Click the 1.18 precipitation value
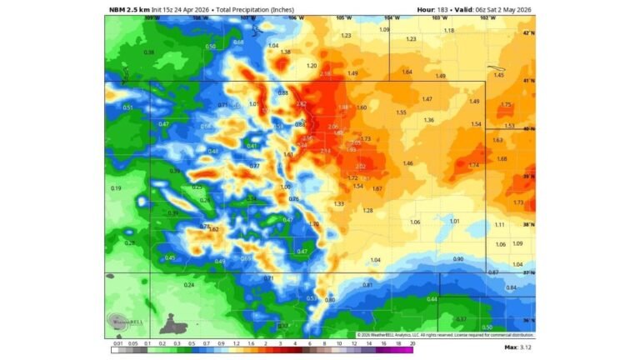[449, 31]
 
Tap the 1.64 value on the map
[407, 72]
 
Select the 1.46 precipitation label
[408, 163]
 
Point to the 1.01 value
[454, 221]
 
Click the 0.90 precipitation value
[457, 259]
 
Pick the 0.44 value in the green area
[432, 298]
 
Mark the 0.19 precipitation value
[116, 188]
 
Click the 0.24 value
[188, 285]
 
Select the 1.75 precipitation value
[506, 105]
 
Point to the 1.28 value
[367, 211]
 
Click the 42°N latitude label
[527, 33]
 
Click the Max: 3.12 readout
[522, 347]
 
